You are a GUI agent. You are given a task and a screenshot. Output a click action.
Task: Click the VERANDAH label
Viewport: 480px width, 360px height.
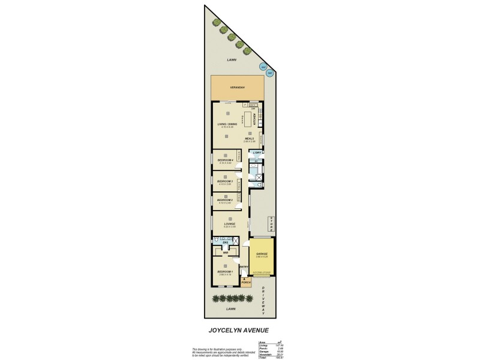[238, 88]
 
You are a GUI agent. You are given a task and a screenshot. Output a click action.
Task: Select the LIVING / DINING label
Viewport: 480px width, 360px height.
[227, 124]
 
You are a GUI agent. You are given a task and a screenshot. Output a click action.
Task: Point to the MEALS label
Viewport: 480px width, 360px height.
[249, 139]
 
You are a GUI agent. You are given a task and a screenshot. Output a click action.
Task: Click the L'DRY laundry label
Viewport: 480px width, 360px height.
[257, 153]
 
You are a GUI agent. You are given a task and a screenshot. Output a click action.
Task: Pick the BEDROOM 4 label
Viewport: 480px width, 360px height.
[225, 160]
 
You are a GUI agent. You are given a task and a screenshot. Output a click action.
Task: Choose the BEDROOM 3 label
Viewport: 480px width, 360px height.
[225, 181]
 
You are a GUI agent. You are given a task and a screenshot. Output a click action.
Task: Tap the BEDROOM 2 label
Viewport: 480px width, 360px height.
[225, 200]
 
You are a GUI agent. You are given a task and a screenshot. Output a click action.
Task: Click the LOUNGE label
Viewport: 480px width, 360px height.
[229, 224]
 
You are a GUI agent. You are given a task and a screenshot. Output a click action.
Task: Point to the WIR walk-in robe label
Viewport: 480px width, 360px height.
[226, 253]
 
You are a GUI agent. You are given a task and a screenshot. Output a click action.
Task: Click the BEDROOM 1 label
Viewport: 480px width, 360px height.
[225, 272]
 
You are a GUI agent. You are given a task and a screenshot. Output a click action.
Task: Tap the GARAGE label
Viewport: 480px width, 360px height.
[262, 254]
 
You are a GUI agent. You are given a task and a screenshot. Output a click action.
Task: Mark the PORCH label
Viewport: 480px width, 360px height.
[245, 281]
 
